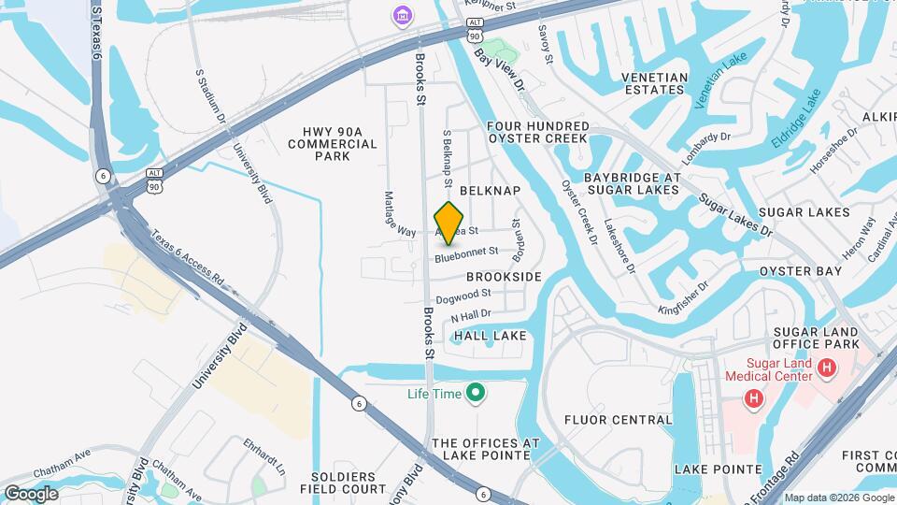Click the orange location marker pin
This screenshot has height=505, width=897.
click(x=449, y=223)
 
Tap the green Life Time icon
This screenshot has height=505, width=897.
click(x=476, y=393)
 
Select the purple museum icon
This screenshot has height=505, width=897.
click(x=402, y=16)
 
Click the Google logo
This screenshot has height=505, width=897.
click(x=31, y=493)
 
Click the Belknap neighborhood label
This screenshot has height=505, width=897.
click(x=490, y=190)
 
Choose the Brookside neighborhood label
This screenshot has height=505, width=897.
click(x=504, y=277)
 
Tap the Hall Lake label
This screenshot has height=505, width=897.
click(x=491, y=335)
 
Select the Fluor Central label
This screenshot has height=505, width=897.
click(x=619, y=420)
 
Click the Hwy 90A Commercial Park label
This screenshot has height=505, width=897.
click(x=333, y=144)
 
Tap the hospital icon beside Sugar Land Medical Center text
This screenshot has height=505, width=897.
click(x=826, y=368)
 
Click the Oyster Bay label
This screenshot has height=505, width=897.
click(x=801, y=271)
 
